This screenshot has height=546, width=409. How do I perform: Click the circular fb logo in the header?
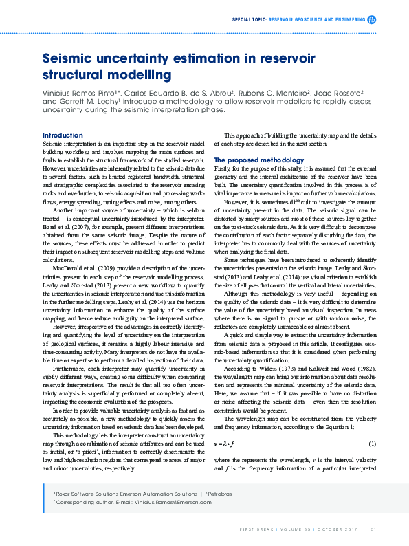coord(372,20)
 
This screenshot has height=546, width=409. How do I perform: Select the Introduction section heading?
coord(62,135)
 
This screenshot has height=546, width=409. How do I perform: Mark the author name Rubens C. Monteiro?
coord(266,91)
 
